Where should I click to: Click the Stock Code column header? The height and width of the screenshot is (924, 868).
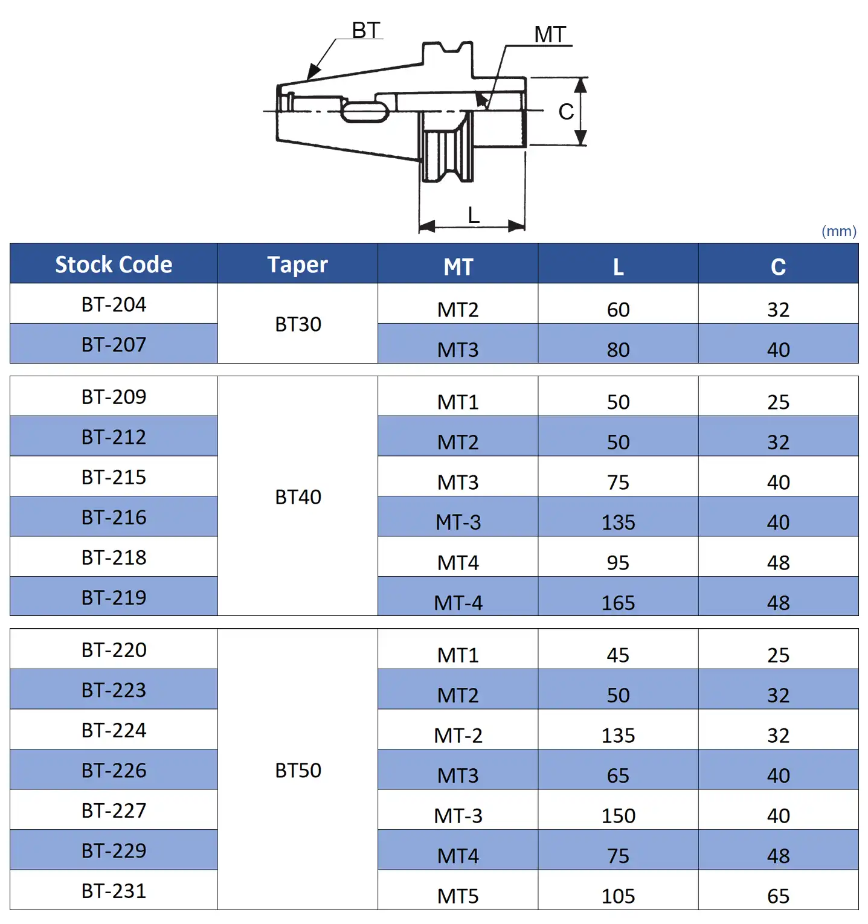[x=114, y=265]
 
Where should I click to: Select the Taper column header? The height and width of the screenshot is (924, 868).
[x=298, y=265]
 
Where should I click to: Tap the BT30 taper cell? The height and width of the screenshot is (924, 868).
[x=298, y=324]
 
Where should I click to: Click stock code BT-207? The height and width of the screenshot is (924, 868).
[x=114, y=344]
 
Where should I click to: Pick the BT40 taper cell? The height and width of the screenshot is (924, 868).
[x=298, y=497]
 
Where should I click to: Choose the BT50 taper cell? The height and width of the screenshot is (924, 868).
[x=298, y=771]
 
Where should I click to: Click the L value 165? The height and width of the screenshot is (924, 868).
[x=618, y=603]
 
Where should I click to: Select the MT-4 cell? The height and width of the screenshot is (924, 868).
[x=458, y=603]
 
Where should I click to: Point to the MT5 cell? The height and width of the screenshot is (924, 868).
[x=458, y=896]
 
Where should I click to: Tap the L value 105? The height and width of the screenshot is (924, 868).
[x=618, y=896]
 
